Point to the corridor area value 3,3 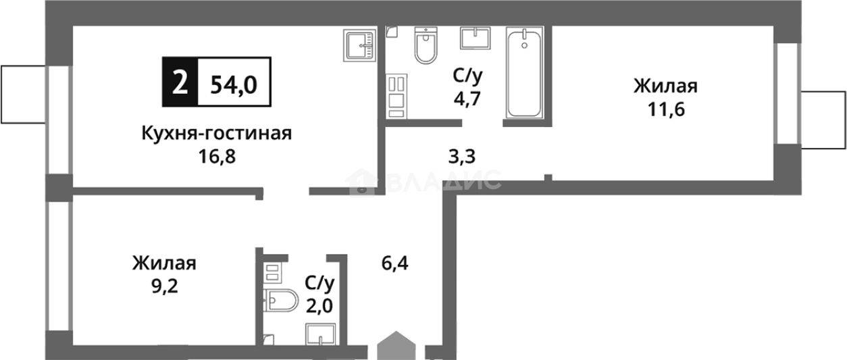[462, 157]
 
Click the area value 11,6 [665, 110]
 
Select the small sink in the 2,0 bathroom [321, 334]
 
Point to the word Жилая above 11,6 [665, 87]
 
